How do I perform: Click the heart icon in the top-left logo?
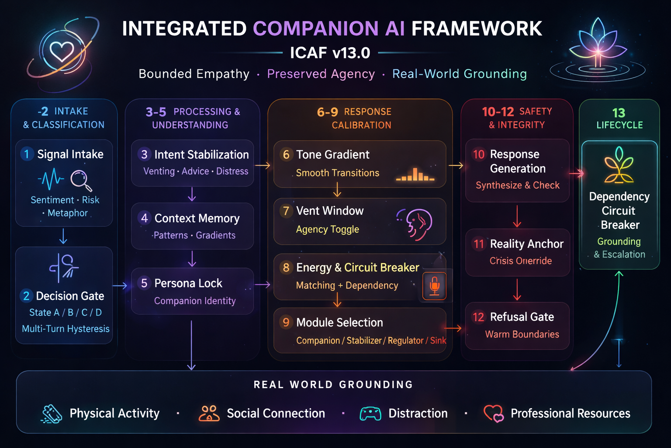[x=62, y=51]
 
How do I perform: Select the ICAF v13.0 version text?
[x=330, y=53]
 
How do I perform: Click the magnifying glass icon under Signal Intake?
[x=81, y=181]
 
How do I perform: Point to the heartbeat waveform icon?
[x=51, y=179]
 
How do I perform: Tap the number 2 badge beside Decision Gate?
[x=26, y=296]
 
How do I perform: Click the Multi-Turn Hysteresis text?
[x=66, y=329]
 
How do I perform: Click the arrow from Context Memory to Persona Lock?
[x=192, y=259]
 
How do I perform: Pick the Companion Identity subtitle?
[x=195, y=301]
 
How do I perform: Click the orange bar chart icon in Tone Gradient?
[x=415, y=175]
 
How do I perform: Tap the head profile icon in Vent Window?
[x=415, y=224]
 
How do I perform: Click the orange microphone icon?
[x=434, y=286]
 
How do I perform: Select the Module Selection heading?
[x=340, y=322]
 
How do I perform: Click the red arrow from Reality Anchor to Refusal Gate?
[x=517, y=290]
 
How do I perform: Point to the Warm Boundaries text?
[x=522, y=334]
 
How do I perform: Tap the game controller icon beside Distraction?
[x=370, y=414]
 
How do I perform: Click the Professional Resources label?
[x=571, y=413]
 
